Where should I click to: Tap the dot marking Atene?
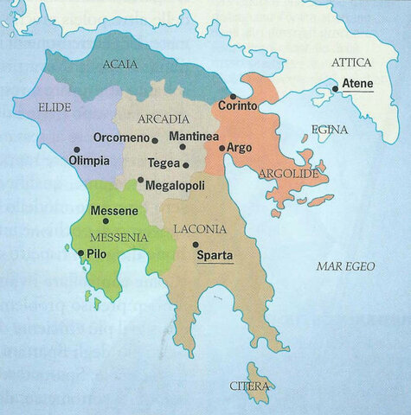336,88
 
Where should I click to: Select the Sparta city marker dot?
196,245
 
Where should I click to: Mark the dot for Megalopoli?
140,180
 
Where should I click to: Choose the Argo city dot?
222,149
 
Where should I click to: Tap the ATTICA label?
350,63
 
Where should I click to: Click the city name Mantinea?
195,137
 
